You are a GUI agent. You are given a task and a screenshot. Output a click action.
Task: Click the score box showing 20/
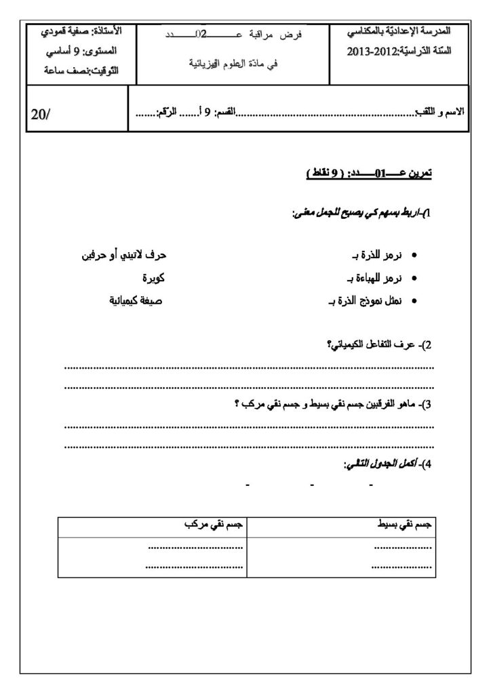point(41,114)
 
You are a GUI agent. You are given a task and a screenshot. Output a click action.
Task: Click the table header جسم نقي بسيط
point(405,525)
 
